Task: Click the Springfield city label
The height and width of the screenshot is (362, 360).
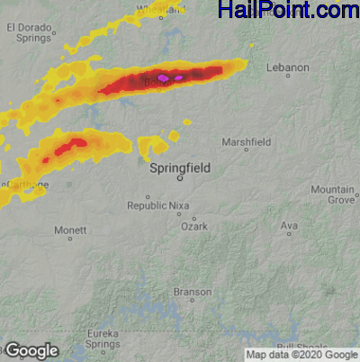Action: coord(180,167)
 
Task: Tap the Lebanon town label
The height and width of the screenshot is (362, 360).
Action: coord(289,68)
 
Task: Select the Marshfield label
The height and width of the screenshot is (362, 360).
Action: coord(247,141)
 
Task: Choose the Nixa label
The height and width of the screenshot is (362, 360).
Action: coord(180,206)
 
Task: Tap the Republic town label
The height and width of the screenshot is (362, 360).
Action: coord(147,206)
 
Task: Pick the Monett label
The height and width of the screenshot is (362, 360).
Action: coord(70,231)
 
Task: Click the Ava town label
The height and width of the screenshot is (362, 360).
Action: coord(289,225)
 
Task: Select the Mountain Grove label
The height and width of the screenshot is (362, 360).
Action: coord(333,195)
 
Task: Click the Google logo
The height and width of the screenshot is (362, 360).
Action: coord(32,350)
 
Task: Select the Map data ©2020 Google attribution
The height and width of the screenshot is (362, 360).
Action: coord(301,355)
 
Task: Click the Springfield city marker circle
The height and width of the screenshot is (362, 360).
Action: coord(180,177)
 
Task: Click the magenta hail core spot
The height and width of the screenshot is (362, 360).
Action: coord(164,78)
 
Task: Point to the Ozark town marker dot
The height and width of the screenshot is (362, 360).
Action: coord(193,218)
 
